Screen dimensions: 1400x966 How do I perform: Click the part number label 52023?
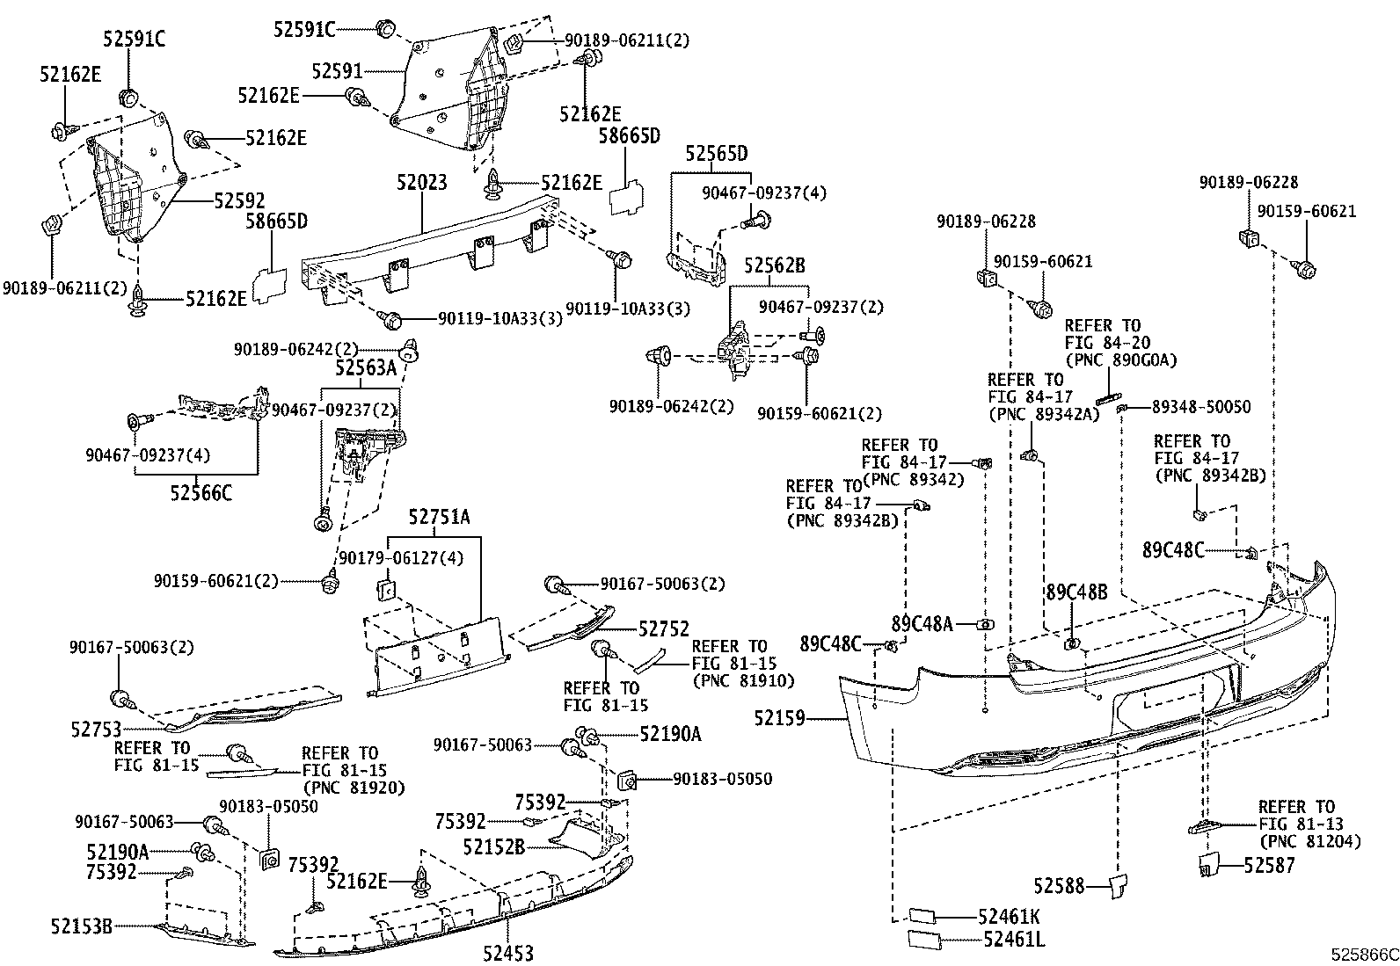pos(422,183)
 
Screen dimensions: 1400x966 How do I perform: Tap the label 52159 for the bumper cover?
pos(779,718)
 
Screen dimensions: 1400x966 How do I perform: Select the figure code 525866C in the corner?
pos(1364,955)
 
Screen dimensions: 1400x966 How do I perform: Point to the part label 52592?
pos(239,200)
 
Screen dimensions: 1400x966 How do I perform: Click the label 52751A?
pos(440,517)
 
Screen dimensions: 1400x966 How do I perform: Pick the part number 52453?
pos(508,954)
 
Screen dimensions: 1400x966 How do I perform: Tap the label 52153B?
pos(81,926)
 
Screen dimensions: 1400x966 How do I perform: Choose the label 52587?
pos(1269,865)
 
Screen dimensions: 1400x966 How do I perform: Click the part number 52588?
pos(1059,886)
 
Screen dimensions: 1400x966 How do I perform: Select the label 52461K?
pos(1009,917)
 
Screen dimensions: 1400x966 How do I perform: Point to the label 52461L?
pos(1014,939)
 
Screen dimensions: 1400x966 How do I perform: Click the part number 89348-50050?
pos(1201,407)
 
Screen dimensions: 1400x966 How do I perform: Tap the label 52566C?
pos(201,493)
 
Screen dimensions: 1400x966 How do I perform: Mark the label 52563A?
pos(366,367)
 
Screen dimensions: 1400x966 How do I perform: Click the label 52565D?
pos(716,154)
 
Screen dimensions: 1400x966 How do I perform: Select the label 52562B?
pos(775,265)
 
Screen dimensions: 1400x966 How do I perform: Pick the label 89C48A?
pos(922,623)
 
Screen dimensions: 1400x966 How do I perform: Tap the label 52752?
pos(664,628)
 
